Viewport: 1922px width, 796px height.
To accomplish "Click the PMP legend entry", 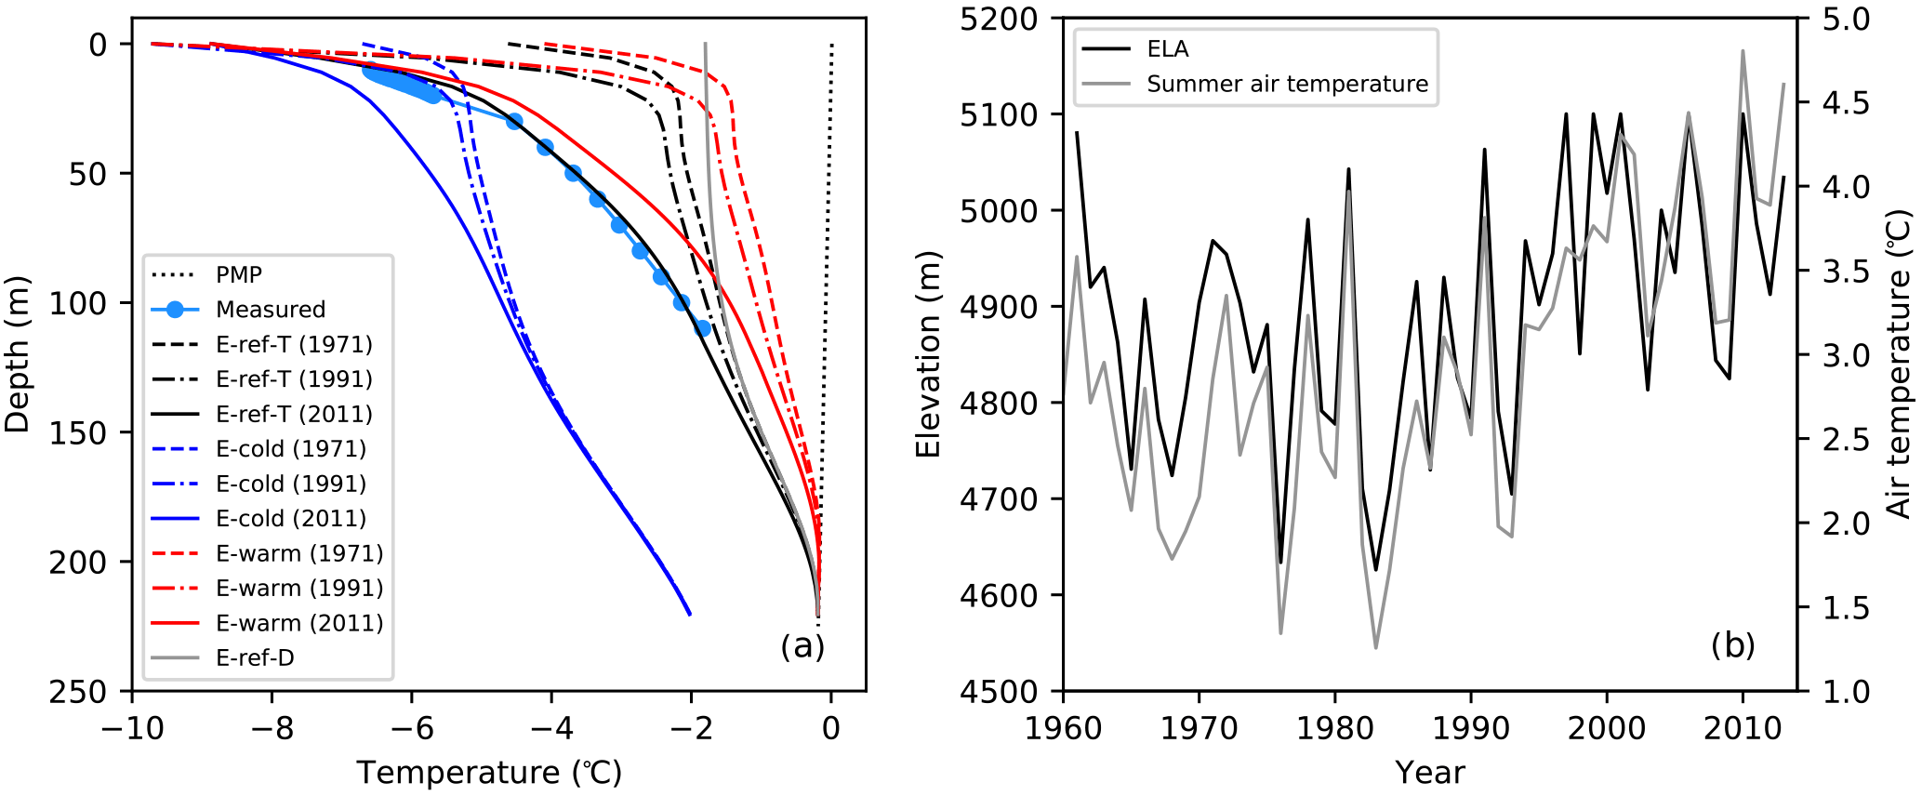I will [239, 274].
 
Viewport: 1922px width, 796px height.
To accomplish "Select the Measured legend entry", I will [271, 310].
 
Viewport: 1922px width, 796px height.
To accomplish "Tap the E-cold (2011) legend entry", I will [291, 519].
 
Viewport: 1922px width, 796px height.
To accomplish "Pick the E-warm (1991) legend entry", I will [299, 589].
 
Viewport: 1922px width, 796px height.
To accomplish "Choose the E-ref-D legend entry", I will [255, 658].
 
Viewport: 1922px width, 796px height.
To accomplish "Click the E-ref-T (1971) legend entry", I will [294, 345].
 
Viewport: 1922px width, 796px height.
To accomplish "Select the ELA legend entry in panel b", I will [1167, 49].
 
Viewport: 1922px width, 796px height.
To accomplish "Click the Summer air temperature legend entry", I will [1287, 85].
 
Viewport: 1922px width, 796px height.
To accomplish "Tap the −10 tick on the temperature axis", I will [132, 728].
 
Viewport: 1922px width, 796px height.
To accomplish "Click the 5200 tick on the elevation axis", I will [999, 19].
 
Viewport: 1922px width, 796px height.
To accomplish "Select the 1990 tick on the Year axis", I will [1471, 728].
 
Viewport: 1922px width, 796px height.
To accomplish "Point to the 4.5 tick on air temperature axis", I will [1847, 102].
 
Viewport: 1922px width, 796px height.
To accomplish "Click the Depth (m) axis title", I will [18, 354].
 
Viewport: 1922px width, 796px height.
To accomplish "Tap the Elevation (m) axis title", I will [928, 354].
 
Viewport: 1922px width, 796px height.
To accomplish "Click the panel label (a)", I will [802, 645].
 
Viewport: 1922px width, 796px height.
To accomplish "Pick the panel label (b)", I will [1733, 645].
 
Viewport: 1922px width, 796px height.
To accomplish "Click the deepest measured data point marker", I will [703, 328].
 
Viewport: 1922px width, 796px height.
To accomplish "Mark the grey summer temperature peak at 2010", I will [1743, 51].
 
